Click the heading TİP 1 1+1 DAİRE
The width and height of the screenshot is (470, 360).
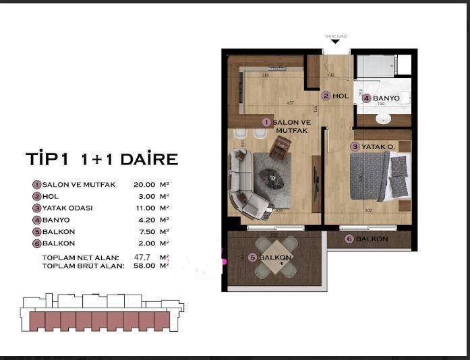101,159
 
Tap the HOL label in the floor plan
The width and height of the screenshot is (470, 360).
341,96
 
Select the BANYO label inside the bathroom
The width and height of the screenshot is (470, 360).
386,98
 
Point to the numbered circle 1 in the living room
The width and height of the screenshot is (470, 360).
266,122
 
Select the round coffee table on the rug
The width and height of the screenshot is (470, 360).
272,175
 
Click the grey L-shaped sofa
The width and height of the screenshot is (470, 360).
244,185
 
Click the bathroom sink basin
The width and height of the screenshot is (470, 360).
383,119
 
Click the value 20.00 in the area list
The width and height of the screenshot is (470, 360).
145,184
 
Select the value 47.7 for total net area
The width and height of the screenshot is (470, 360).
142,258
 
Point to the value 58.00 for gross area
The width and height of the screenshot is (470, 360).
144,266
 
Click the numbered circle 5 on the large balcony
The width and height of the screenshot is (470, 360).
252,258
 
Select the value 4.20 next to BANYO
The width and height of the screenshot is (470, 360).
145,220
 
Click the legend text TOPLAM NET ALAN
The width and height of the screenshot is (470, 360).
80,258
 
